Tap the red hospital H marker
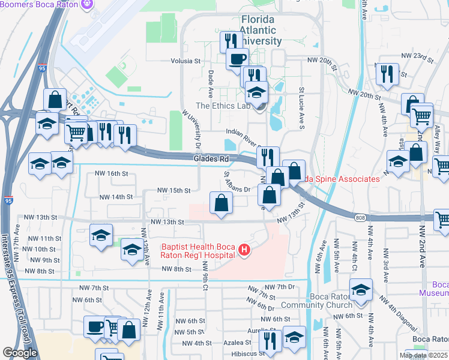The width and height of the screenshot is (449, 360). (244, 250)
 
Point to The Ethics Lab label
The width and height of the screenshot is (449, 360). (222, 106)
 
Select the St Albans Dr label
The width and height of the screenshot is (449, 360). (237, 182)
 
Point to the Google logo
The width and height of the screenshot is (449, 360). (20, 353)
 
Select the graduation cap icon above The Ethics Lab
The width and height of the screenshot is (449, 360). (256, 92)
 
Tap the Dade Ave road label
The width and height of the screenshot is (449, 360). (211, 85)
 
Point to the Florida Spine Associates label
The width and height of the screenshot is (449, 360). (342, 179)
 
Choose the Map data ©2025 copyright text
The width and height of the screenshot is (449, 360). (423, 355)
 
